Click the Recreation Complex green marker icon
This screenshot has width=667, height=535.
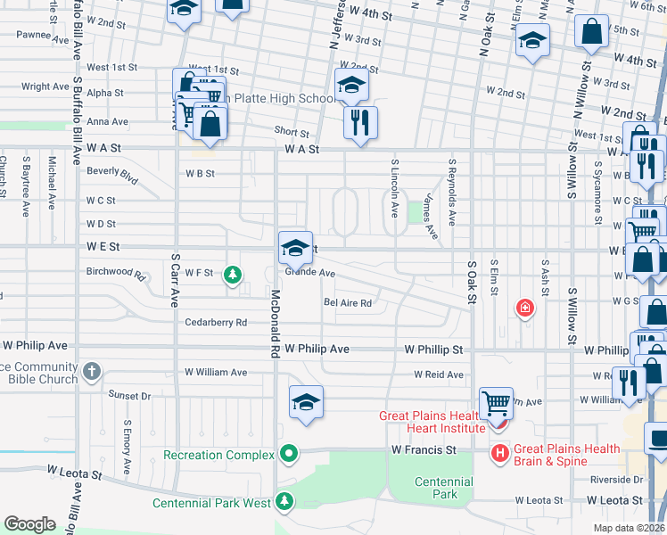tap(288, 455)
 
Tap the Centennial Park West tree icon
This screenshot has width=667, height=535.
tap(284, 503)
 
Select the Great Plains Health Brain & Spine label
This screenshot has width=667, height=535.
tap(550, 455)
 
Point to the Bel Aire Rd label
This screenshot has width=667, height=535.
tap(347, 303)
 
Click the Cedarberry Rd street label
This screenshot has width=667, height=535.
tap(215, 323)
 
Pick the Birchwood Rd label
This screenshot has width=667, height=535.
tap(115, 272)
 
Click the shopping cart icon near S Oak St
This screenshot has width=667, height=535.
tap(496, 403)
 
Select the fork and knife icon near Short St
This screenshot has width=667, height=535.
tap(360, 122)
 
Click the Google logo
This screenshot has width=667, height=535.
tap(29, 524)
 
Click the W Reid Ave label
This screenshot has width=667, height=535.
tap(438, 374)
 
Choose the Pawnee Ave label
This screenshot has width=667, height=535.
tap(42, 37)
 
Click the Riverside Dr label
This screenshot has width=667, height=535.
tap(616, 480)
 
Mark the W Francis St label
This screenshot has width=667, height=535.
tap(423, 451)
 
